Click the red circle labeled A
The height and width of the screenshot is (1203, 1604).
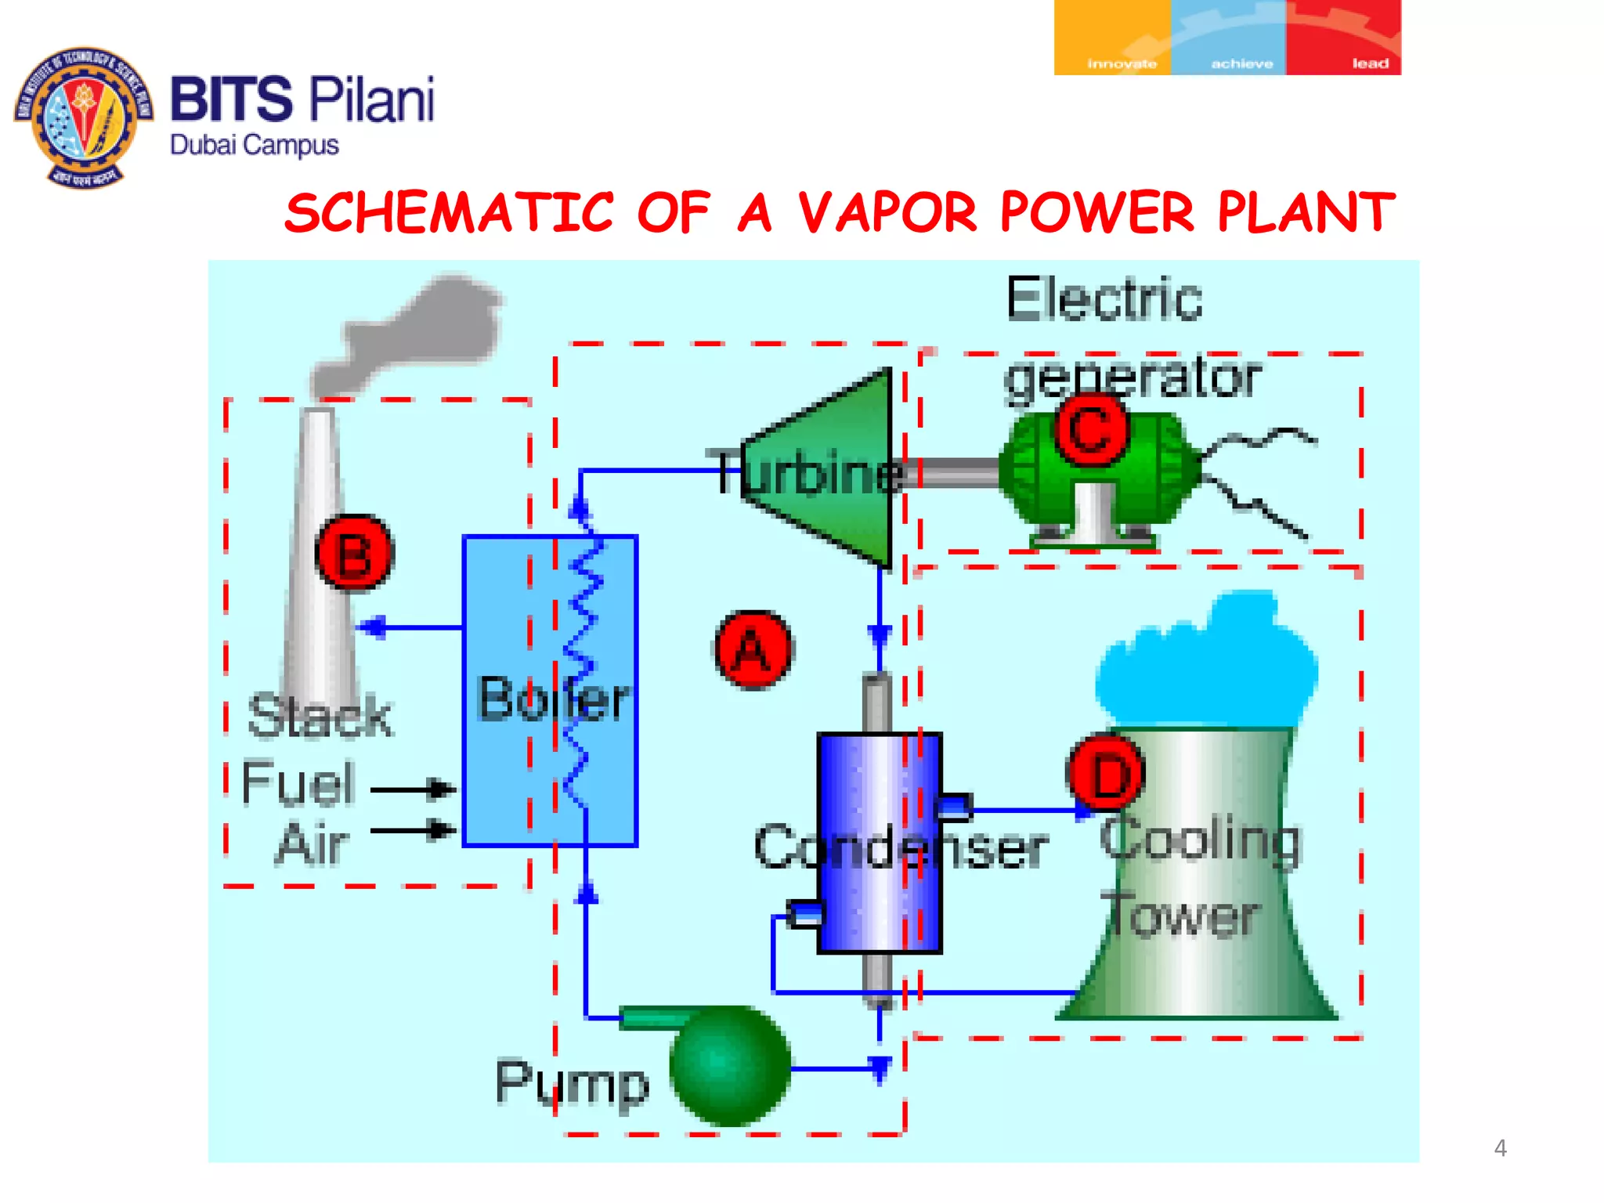[x=753, y=649]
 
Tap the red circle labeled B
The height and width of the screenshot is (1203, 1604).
[x=354, y=553]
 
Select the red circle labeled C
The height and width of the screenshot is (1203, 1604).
[x=1090, y=429]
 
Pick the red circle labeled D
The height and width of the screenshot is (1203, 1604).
[x=1106, y=774]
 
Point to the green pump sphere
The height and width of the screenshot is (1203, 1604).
[x=730, y=1065]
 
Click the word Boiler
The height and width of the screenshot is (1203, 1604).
[x=553, y=699]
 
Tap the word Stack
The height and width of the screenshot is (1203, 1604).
[x=320, y=716]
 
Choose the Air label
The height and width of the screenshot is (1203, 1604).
[x=312, y=844]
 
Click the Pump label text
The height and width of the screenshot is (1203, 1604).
[x=572, y=1082]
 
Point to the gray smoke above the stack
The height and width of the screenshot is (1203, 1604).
[x=415, y=333]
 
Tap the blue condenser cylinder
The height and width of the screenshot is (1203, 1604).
[x=879, y=843]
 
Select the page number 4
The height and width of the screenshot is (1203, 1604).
[x=1500, y=1148]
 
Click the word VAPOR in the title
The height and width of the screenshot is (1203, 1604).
[x=888, y=213]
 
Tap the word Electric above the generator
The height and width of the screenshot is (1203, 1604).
[x=1104, y=299]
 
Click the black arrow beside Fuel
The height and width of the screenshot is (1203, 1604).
[x=413, y=789]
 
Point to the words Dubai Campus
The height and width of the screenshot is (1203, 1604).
[x=255, y=146]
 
